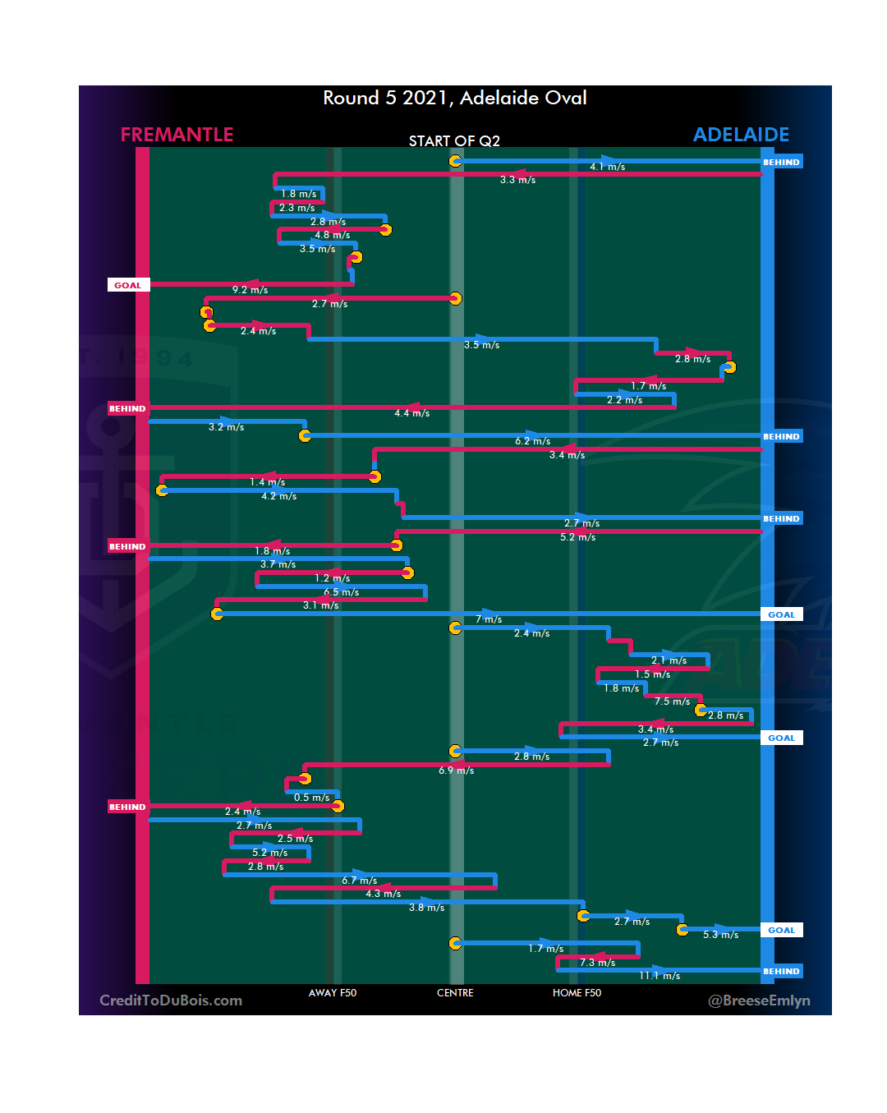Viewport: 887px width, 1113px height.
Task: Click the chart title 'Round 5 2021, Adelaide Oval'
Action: coord(454,98)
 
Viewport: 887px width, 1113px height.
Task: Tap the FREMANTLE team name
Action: coord(177,135)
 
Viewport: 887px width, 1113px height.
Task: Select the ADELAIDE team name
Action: coord(741,135)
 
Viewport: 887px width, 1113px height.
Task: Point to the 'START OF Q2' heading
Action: coord(454,141)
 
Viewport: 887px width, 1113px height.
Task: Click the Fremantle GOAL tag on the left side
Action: coord(127,285)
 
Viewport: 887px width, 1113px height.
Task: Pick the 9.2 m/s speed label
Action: coord(250,290)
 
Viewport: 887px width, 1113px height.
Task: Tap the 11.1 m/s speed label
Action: coord(660,976)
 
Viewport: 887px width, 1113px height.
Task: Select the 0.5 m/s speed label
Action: coord(311,798)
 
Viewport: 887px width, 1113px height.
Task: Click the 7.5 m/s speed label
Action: coord(672,701)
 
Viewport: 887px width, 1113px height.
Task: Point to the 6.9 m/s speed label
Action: coord(456,770)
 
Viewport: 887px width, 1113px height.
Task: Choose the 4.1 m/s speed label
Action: coord(607,167)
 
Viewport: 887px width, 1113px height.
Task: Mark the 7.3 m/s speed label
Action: coord(597,963)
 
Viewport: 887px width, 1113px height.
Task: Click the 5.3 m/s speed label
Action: coord(720,935)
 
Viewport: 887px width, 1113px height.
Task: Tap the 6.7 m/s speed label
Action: coord(359,881)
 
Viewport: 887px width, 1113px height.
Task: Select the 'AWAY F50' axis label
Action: coord(333,993)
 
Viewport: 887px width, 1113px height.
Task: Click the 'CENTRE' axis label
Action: coord(455,993)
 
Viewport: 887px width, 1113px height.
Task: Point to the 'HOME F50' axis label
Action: coord(577,993)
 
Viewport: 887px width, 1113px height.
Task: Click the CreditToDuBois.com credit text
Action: coord(171,1000)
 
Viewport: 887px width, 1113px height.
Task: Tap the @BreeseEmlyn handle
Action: coord(759,1000)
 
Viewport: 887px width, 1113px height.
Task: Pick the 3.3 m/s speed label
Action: coord(517,180)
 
